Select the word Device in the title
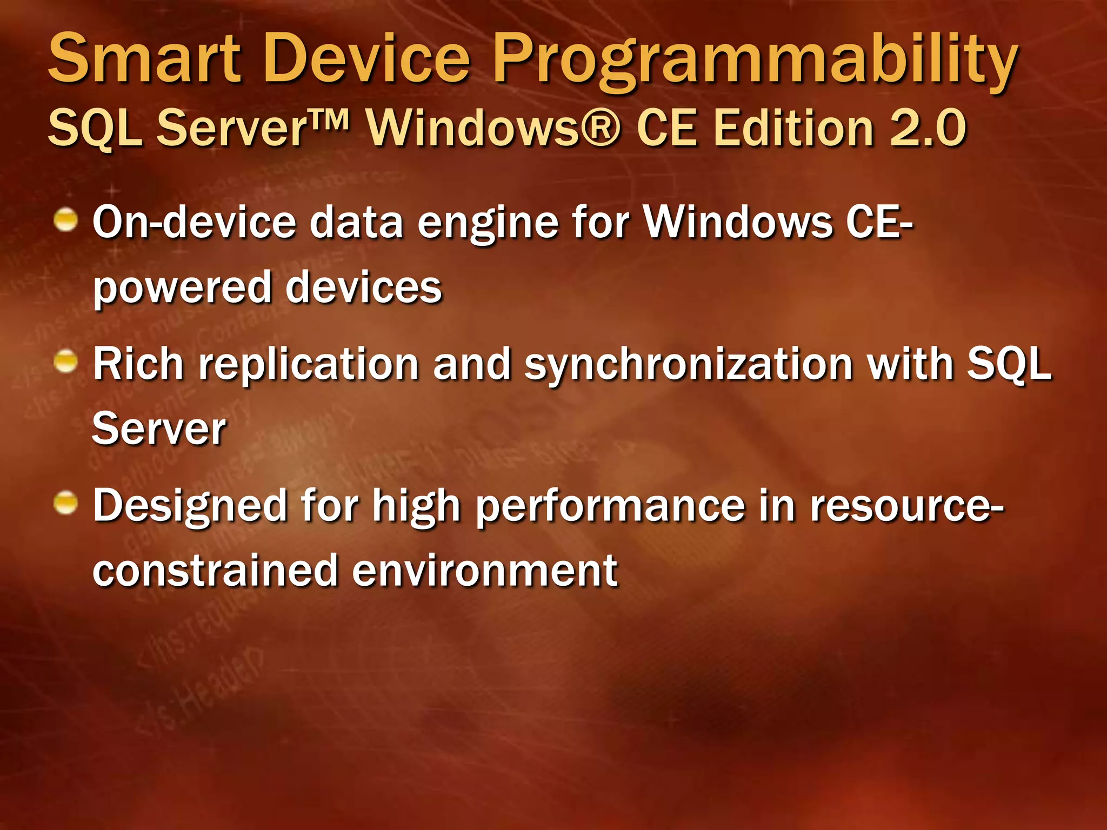367,58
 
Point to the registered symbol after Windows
602,129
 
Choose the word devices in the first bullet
363,287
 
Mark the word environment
484,571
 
